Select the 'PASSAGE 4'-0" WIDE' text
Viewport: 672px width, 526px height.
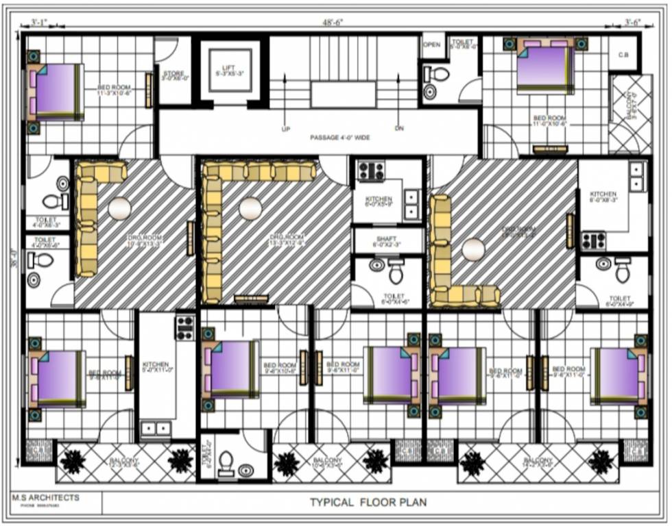coord(340,138)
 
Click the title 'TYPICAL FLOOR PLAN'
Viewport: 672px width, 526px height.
coord(368,502)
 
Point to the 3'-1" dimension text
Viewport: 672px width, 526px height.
coord(39,23)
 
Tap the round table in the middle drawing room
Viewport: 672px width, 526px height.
coord(250,208)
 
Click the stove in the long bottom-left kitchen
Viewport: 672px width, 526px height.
coord(184,327)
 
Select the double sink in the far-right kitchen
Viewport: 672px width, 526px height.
coord(638,176)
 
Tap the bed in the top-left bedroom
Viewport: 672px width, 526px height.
coord(56,91)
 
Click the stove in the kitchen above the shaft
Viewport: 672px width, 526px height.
coord(371,171)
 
